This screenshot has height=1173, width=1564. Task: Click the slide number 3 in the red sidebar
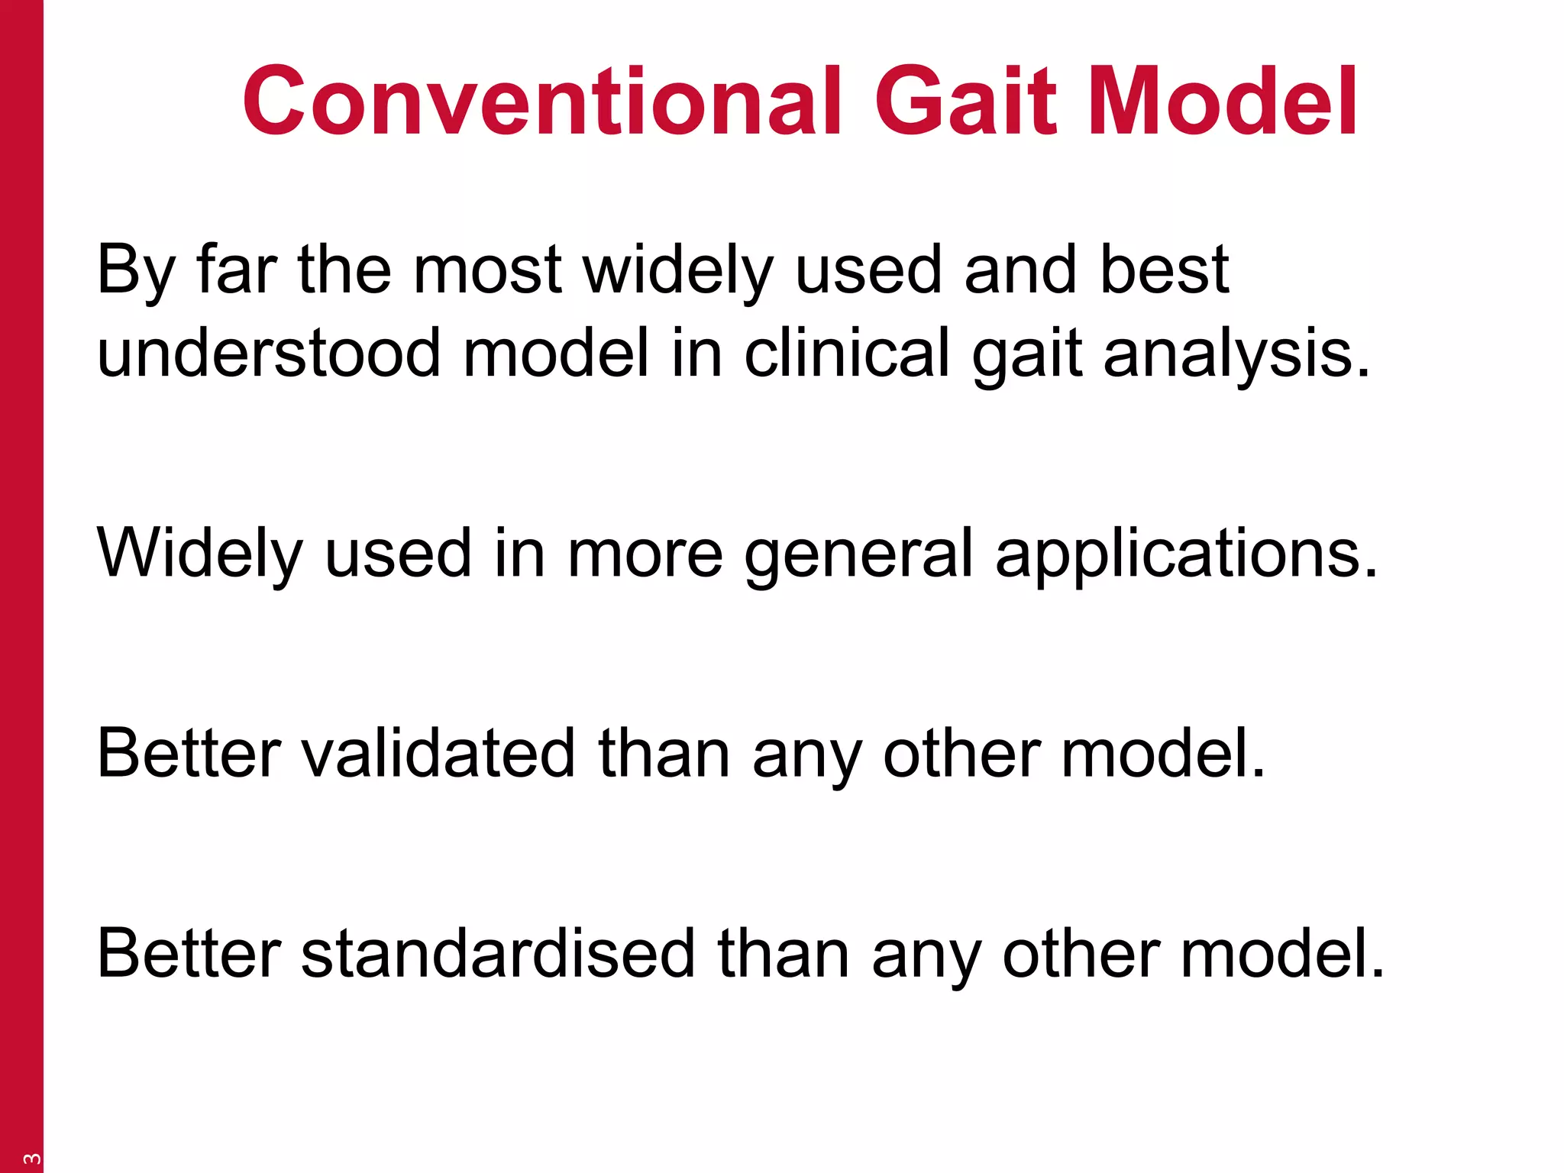pos(31,1158)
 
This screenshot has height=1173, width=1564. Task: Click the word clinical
pos(847,354)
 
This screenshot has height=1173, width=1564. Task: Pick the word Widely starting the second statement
pos(200,554)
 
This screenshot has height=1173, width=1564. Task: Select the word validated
pos(438,754)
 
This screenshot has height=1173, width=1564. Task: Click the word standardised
pos(497,954)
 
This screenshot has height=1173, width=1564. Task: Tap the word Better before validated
pos(189,754)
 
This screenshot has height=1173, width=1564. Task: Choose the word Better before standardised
pos(189,954)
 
